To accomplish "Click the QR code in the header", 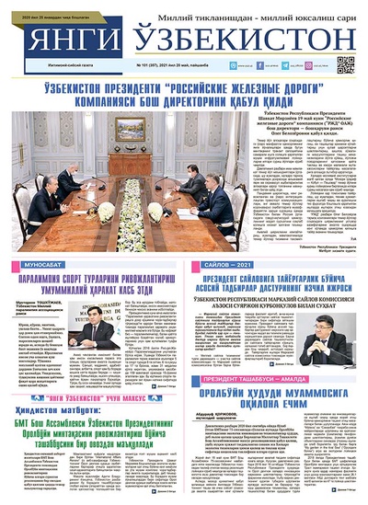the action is [x=346, y=64].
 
